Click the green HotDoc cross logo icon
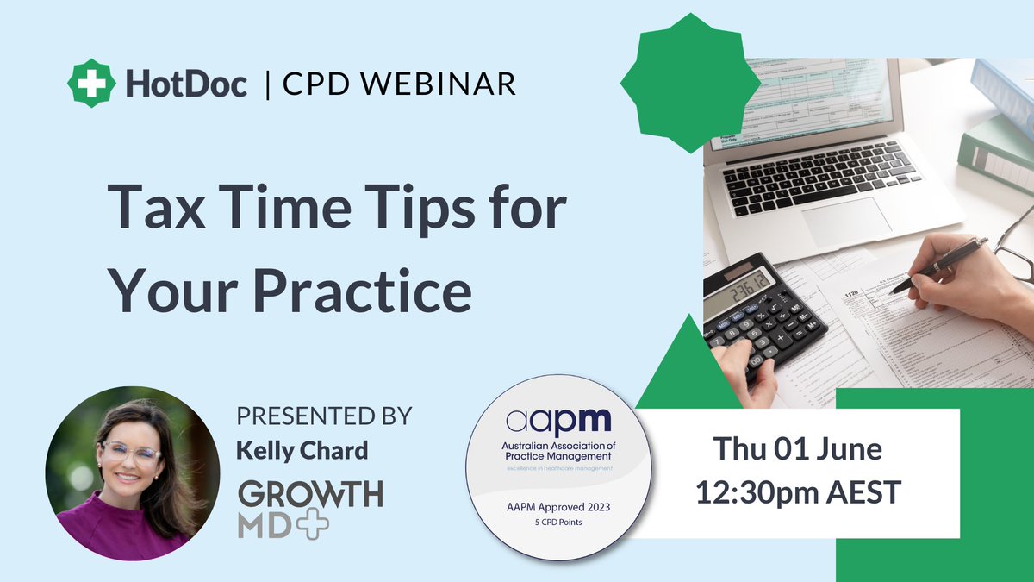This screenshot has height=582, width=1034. click(90, 84)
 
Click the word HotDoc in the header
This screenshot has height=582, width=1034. click(185, 84)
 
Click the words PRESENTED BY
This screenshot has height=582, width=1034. click(325, 416)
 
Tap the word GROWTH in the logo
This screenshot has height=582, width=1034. click(310, 494)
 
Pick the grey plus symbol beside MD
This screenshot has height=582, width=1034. click(312, 524)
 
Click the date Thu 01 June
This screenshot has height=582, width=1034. click(797, 449)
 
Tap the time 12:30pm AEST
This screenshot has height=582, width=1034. click(797, 493)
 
